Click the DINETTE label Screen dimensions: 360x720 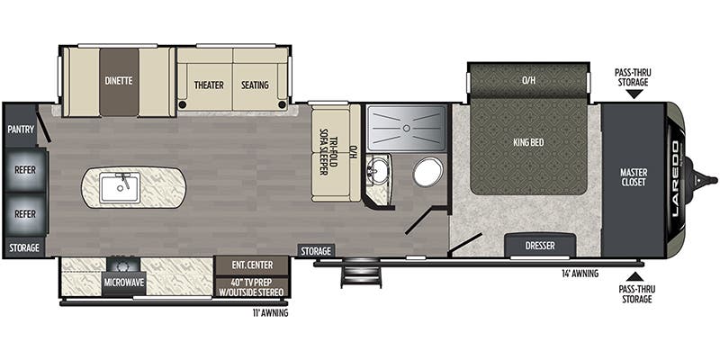(x=118, y=80)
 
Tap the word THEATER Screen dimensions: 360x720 (x=209, y=85)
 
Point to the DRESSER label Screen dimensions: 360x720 (x=539, y=245)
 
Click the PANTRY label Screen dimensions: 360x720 (x=20, y=130)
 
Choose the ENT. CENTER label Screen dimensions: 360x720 (x=251, y=265)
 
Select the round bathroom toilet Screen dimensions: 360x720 (x=427, y=171)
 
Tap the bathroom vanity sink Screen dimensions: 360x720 (x=379, y=168)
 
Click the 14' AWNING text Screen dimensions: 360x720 (x=580, y=272)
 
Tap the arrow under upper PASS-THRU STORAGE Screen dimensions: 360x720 (x=635, y=93)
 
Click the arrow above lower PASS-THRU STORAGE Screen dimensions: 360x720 (x=635, y=275)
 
